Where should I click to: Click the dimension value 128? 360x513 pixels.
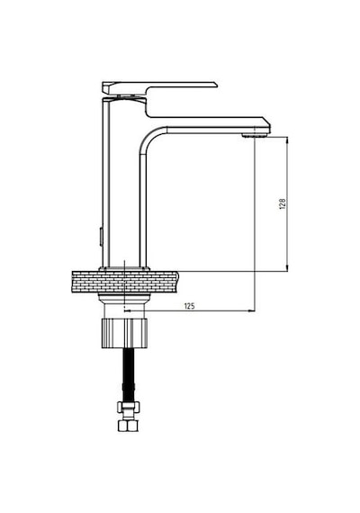[x=283, y=203]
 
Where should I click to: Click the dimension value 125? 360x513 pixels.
[x=190, y=306]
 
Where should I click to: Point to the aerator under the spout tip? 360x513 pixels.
[x=255, y=135]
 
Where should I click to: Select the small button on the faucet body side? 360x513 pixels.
[x=101, y=236]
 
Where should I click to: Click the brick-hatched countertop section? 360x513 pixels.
[x=125, y=282]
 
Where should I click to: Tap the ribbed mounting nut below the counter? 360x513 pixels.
[x=125, y=333]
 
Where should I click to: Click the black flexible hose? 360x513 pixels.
[x=129, y=375]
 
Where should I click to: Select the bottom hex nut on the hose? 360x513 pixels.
[x=128, y=426]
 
